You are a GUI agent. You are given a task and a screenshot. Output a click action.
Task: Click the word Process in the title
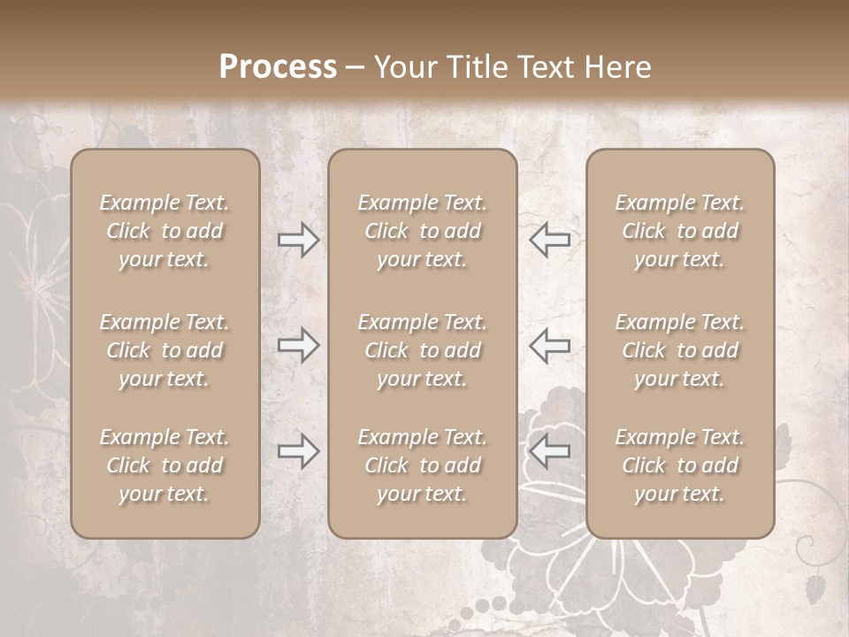click(278, 67)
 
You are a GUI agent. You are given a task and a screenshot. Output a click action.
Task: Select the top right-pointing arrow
click(298, 240)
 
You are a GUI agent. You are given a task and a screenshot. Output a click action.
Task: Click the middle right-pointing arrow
click(298, 345)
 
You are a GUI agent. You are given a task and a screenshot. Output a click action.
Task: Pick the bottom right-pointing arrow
click(298, 452)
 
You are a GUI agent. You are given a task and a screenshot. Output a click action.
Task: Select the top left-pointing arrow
click(549, 240)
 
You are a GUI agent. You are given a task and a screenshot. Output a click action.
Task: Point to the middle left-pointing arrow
click(549, 345)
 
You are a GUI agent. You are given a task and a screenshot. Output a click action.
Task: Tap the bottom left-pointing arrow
click(549, 452)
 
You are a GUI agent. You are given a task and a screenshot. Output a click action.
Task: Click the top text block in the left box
click(164, 231)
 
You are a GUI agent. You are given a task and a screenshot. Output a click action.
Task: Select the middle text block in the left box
click(164, 350)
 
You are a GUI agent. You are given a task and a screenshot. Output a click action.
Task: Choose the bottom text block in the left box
click(164, 465)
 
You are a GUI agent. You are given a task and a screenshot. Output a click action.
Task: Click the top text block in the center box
click(422, 231)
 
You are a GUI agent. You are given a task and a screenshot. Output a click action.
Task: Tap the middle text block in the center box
click(422, 350)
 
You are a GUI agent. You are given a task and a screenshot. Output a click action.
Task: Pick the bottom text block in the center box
click(422, 465)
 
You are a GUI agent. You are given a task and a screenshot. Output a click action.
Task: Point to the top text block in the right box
click(679, 231)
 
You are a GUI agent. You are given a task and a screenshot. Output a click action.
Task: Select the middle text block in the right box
click(679, 350)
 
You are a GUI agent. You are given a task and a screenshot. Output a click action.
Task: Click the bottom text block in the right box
click(679, 465)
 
